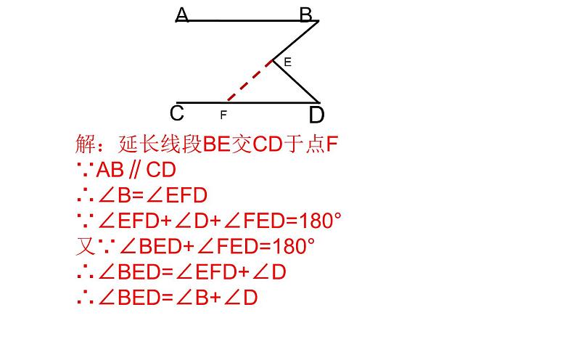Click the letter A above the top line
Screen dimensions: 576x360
pos(182,15)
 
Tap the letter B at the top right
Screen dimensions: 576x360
pos(305,15)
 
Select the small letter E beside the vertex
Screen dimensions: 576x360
pos(287,63)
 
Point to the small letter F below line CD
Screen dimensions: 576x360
pos(223,115)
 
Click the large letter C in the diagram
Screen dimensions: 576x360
pos(176,114)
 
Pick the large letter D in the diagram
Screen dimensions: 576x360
pos(316,115)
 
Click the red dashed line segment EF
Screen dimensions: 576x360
pos(249,81)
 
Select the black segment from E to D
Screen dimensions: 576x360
pos(296,81)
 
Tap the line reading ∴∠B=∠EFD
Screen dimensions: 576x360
pos(141,195)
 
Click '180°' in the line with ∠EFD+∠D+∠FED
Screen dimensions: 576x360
pos(315,221)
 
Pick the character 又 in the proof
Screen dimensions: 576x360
pos(84,246)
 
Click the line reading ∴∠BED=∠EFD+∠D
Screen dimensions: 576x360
pos(181,271)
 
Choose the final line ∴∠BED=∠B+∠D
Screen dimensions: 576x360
pos(167,297)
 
